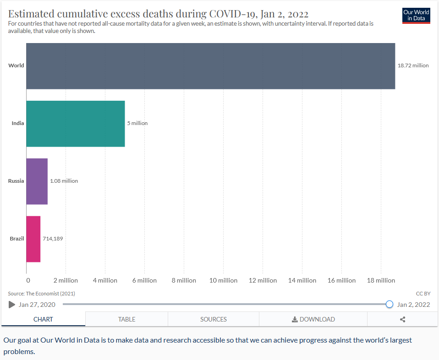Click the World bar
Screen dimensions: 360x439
[210, 66]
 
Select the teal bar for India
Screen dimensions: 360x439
[75, 124]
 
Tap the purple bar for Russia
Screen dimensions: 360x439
[37, 181]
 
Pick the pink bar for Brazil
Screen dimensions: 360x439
[33, 239]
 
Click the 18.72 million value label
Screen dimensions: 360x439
[413, 65]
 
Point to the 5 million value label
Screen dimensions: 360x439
[137, 123]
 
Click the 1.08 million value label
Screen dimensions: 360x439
[64, 181]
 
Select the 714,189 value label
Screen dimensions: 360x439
[53, 239]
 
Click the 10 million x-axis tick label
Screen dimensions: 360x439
[223, 280]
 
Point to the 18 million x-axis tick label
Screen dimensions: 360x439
[381, 280]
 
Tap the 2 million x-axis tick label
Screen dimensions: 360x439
[66, 280]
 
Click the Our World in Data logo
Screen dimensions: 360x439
[416, 15]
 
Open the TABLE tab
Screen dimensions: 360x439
[126, 319]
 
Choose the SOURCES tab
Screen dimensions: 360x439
[213, 319]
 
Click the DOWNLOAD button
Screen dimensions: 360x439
[313, 319]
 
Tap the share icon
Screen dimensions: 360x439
[402, 319]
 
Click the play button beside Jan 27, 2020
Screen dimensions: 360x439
[12, 305]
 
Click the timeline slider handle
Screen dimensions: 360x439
[390, 304]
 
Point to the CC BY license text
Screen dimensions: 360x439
[423, 293]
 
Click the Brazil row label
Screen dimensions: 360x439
[16, 239]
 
